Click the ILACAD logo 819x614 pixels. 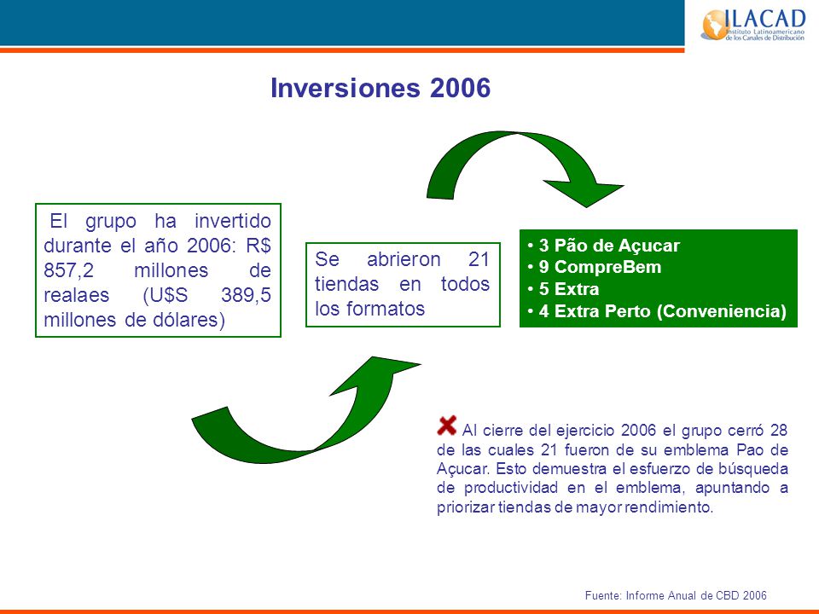[x=752, y=24]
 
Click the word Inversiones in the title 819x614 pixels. [x=346, y=87]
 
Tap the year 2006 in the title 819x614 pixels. [x=460, y=87]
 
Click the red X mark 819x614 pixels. [x=446, y=426]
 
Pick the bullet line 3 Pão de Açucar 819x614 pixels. [x=604, y=246]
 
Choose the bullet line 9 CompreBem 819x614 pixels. [x=595, y=267]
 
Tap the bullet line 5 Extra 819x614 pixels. [x=564, y=289]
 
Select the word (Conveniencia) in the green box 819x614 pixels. [x=722, y=311]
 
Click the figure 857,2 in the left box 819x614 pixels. [x=68, y=270]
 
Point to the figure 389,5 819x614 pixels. [x=246, y=295]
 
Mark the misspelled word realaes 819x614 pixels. [x=76, y=295]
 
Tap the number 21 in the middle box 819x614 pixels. [x=479, y=259]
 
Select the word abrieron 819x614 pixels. [x=404, y=259]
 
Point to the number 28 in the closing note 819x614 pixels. [x=779, y=430]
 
